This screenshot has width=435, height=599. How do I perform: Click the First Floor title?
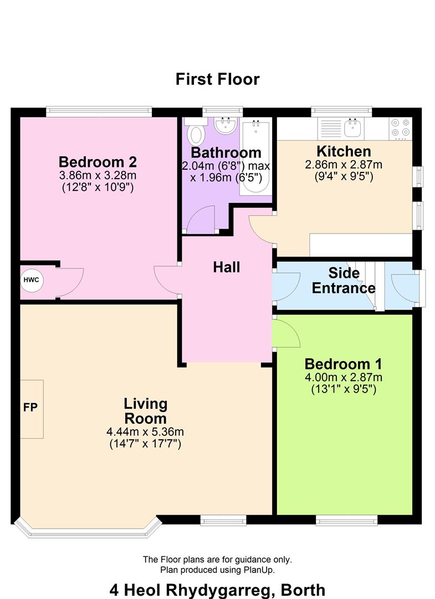tap(217, 79)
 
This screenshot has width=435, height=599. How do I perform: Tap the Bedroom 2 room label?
tap(98, 163)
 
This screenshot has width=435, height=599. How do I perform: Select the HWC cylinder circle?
tap(31, 280)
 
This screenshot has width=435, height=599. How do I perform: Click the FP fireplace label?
tap(30, 408)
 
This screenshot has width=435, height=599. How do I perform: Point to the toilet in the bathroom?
tap(196, 133)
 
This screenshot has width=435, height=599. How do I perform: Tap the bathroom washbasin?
tap(225, 125)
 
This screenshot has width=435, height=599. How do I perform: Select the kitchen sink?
tap(352, 128)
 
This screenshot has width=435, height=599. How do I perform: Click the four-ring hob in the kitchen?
tap(400, 128)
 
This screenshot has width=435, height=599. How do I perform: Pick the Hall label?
tap(227, 267)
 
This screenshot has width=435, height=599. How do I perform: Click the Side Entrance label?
tap(344, 281)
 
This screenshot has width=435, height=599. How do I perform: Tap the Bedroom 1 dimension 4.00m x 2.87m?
tap(344, 378)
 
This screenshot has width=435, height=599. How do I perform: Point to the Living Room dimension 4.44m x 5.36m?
tap(145, 432)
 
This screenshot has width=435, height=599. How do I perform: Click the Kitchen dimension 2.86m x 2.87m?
tap(344, 165)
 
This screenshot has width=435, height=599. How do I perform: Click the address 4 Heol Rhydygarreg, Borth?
tap(217, 589)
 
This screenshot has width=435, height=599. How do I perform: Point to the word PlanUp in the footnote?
tap(259, 570)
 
